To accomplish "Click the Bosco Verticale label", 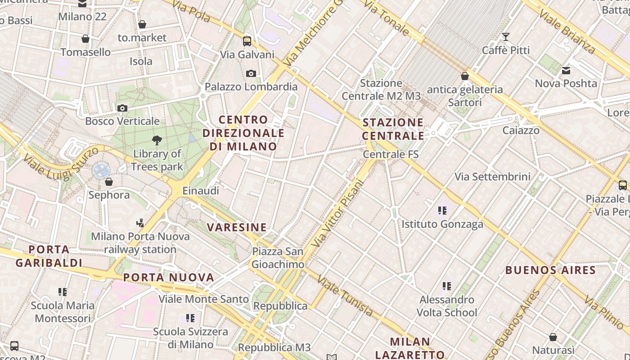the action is coord(122,121).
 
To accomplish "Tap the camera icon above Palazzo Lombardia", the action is coord(251,73).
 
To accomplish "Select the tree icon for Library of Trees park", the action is coord(157,140).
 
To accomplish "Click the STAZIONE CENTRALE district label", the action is coord(393,129).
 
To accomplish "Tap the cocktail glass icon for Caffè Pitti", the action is coord(506,37).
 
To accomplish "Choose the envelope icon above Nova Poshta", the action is coord(566,71).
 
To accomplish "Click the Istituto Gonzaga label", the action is coord(442,224).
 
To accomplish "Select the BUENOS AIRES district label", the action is coord(550,270).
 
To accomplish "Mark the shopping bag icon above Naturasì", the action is coord(553,337).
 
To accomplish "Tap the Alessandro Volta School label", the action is coord(447,306).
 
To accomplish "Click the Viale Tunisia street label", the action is coord(345,296).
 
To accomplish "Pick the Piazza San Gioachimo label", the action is coord(278,258).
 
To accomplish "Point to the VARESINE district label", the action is coord(237,227).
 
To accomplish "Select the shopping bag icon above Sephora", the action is coord(108,182).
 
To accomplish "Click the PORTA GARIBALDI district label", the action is coord(49,256).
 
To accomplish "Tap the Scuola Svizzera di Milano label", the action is coord(190,338).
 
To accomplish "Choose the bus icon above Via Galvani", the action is coord(247,41).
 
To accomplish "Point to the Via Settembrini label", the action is coord(492,176).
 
